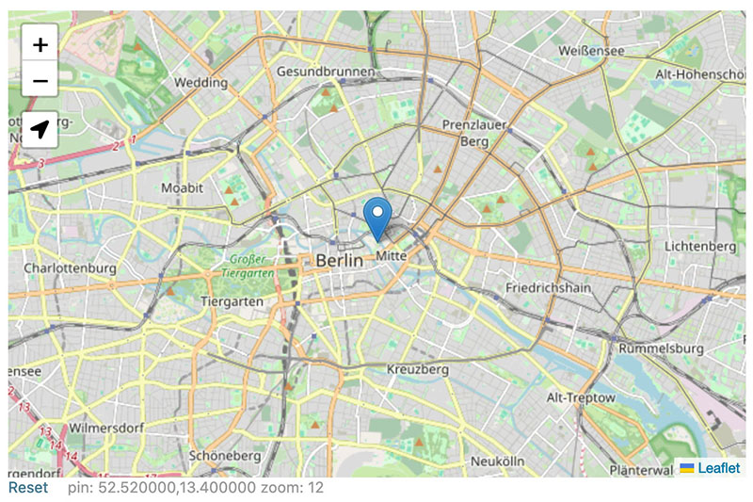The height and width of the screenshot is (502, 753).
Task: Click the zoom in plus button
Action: coord(40,43)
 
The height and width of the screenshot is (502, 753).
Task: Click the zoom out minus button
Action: coord(40,81)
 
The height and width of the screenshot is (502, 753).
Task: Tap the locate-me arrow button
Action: coord(40,130)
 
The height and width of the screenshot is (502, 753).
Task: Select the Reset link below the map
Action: coord(27,488)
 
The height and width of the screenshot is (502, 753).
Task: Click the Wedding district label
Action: coord(200,83)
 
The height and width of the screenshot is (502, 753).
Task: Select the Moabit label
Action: coord(182,188)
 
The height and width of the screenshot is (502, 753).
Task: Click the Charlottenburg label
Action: coord(70,268)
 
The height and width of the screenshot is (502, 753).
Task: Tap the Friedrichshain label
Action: coord(546,286)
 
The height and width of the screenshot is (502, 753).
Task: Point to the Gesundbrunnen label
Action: coord(326,72)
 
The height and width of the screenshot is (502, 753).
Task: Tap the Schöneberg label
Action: coord(224,455)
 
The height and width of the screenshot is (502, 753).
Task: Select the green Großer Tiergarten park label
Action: coord(250,266)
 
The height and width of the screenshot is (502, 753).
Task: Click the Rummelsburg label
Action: coord(661,348)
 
